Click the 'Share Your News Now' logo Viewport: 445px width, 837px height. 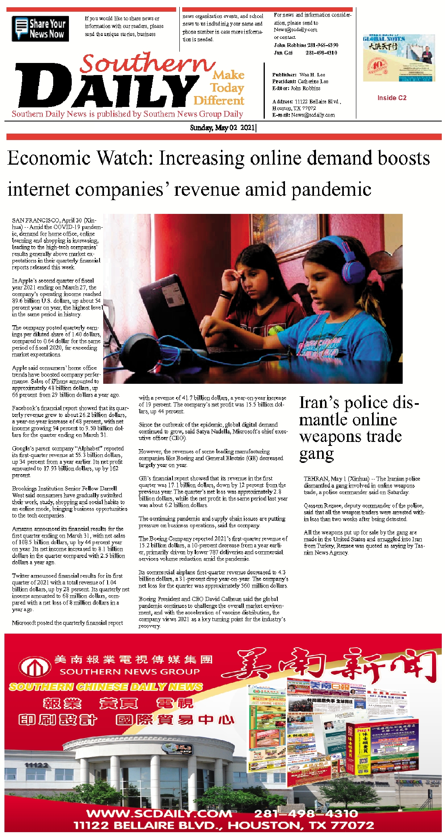click(x=40, y=29)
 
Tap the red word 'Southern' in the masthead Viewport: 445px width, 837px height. click(x=147, y=64)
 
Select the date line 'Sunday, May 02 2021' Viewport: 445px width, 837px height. click(x=222, y=128)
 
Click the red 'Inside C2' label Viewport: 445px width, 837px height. click(x=392, y=98)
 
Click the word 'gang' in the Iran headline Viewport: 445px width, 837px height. click(x=316, y=454)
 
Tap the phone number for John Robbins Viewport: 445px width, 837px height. click(x=323, y=45)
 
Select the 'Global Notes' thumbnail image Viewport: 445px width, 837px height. click(x=399, y=58)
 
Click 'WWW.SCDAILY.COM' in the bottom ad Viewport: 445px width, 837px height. click(x=159, y=813)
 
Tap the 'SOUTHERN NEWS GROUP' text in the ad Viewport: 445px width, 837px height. click(x=129, y=672)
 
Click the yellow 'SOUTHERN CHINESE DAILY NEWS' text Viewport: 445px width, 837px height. click(x=106, y=686)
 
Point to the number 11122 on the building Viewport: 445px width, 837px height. click(x=36, y=765)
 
